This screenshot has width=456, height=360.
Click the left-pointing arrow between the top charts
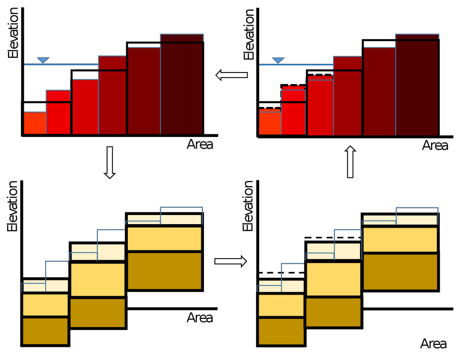[x=231, y=76]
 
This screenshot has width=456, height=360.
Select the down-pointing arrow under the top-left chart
[x=109, y=162]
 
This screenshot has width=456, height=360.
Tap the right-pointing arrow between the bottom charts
[x=230, y=261]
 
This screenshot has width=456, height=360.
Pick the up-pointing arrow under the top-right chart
[x=350, y=162]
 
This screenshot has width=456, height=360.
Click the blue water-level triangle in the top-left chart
[x=43, y=61]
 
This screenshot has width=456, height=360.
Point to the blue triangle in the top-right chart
[x=277, y=61]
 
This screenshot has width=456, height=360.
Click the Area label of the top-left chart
[x=200, y=145]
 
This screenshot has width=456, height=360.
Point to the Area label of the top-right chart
[x=435, y=146]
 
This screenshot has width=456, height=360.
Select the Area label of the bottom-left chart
[x=200, y=318]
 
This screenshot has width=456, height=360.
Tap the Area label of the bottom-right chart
[x=433, y=344]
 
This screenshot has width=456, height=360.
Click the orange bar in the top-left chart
[x=34, y=123]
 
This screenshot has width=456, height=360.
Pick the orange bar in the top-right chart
[x=270, y=122]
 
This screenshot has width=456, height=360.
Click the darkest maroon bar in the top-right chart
[x=417, y=86]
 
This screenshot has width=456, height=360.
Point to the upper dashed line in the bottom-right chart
[x=332, y=237]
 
